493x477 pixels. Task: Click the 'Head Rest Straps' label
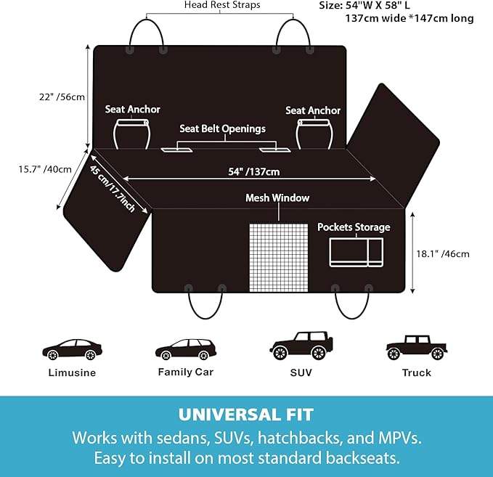click(222, 5)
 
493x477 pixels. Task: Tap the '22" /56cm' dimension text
click(62, 97)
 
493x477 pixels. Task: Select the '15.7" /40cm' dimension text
click(45, 169)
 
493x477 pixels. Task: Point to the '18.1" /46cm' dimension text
click(443, 254)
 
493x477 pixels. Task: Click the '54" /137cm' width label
click(253, 171)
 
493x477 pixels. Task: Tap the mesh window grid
click(279, 258)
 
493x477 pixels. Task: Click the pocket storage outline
click(356, 252)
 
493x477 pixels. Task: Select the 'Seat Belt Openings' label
click(223, 129)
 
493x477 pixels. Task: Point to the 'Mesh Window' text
click(277, 197)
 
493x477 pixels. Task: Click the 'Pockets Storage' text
click(354, 227)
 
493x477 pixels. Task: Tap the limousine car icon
click(73, 349)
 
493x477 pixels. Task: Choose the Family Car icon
click(186, 349)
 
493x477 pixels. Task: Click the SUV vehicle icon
click(301, 346)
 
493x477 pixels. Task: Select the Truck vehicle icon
click(417, 348)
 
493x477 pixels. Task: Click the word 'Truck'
click(417, 372)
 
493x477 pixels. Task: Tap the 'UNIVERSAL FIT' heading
click(246, 415)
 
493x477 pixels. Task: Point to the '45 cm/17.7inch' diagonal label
click(113, 188)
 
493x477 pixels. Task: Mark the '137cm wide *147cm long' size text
click(410, 18)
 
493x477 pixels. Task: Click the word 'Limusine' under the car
click(72, 372)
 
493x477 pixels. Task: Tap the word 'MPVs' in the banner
click(399, 438)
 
